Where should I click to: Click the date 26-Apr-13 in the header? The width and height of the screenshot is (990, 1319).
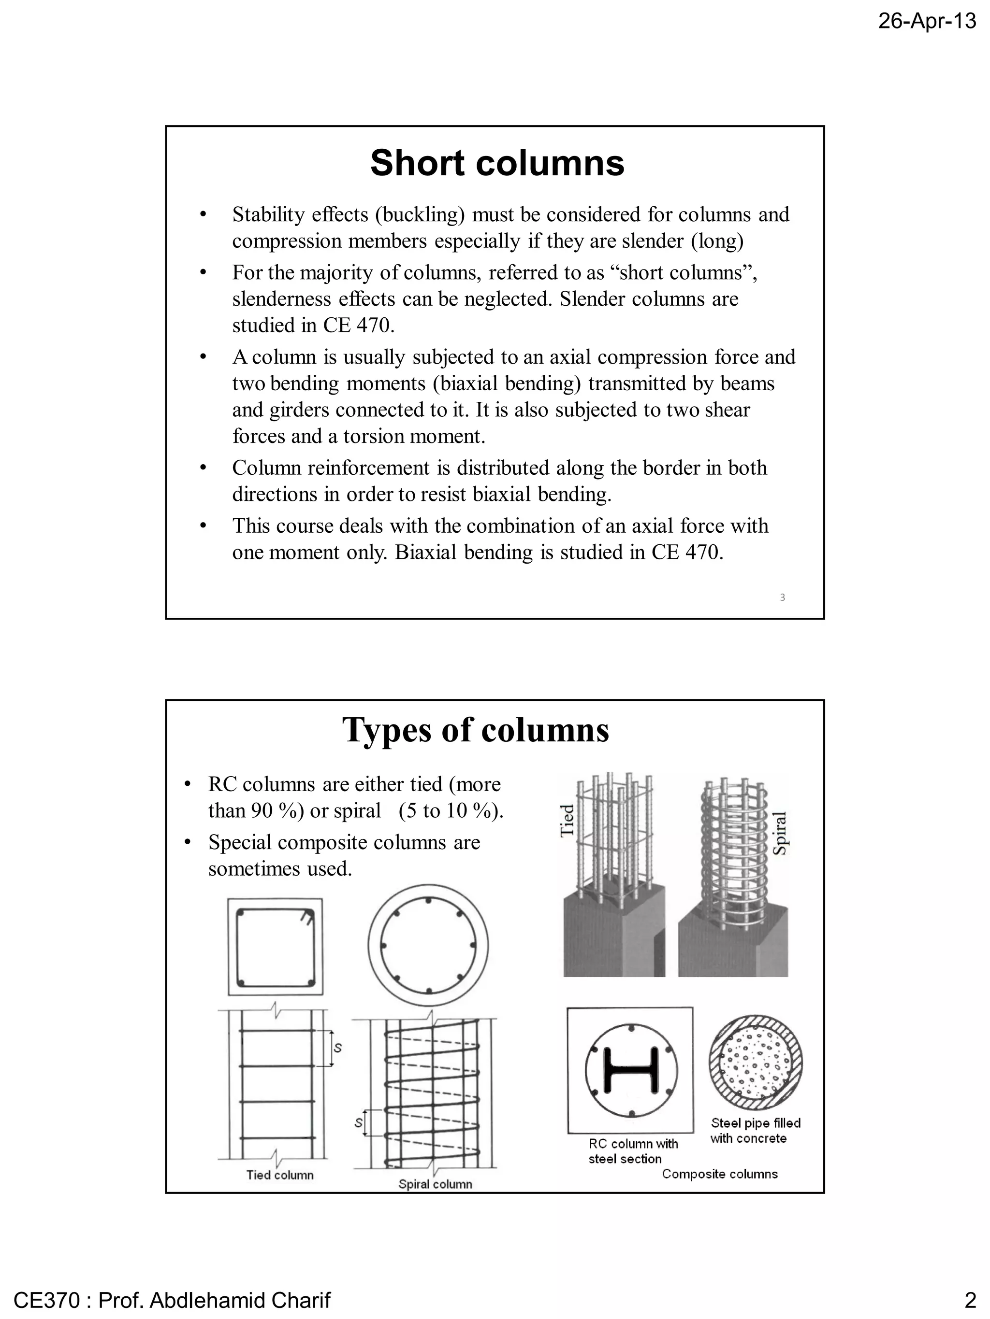[x=927, y=21]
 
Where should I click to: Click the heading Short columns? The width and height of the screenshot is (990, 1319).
[x=496, y=163]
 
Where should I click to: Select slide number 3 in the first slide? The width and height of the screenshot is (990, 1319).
[x=782, y=597]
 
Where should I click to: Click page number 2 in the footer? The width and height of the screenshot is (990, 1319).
[x=970, y=1299]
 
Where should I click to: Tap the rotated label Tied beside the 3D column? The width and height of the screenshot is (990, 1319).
[x=567, y=821]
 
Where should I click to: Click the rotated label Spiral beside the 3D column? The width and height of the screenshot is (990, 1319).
[x=779, y=833]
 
